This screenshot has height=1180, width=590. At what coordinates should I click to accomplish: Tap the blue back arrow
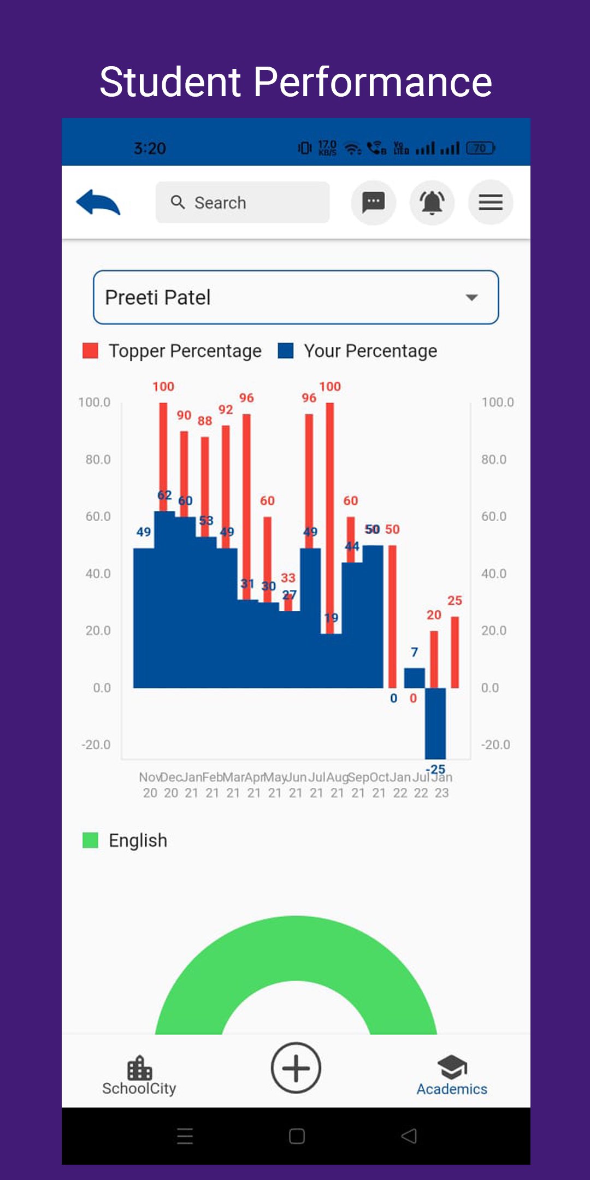click(98, 202)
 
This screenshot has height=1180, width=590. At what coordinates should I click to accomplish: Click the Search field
click(243, 202)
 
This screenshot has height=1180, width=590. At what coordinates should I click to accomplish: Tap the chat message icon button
click(374, 202)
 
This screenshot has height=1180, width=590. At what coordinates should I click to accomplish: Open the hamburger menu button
click(491, 202)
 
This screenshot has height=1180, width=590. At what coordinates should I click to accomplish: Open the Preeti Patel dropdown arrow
click(471, 297)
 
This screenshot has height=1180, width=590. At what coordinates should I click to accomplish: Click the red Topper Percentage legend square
click(90, 351)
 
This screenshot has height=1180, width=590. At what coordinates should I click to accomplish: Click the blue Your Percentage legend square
click(286, 351)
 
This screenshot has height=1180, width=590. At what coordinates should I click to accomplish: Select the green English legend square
click(90, 840)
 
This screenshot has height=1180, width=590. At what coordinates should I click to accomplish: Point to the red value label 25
click(455, 601)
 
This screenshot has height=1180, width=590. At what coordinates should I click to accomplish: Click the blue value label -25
click(436, 769)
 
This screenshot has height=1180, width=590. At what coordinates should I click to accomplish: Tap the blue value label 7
click(415, 652)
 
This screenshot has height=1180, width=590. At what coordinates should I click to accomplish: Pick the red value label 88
click(205, 421)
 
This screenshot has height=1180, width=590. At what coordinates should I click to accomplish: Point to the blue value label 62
click(164, 495)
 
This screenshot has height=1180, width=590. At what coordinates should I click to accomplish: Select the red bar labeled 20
click(434, 659)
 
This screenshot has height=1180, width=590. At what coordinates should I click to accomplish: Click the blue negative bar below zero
click(435, 722)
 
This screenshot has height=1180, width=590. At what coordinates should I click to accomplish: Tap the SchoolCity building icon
click(139, 1067)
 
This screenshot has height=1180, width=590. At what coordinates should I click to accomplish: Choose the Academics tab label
click(452, 1089)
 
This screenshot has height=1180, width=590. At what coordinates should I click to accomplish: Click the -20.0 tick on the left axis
click(96, 745)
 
